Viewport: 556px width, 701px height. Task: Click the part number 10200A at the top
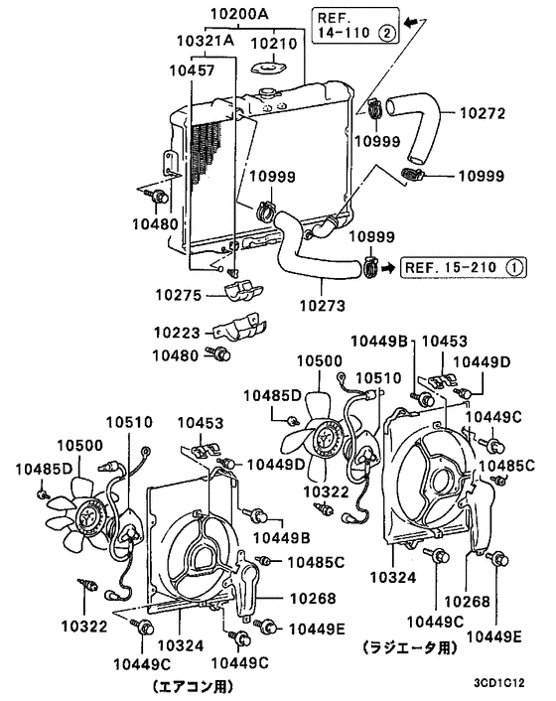(x=238, y=16)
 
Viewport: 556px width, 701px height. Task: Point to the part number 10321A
(x=206, y=43)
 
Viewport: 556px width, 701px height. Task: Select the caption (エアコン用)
(x=197, y=685)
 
